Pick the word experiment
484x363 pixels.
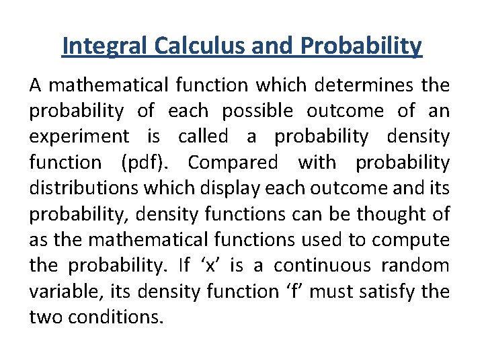(x=79, y=136)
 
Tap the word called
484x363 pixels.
(x=203, y=136)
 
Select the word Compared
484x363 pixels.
(x=233, y=162)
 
